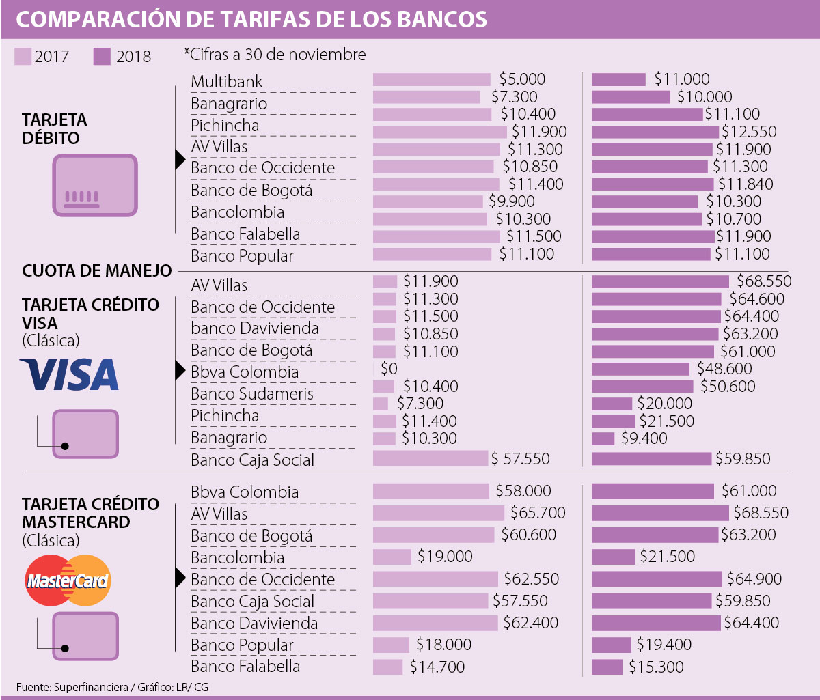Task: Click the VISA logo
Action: [69, 375]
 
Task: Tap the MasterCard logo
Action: [68, 581]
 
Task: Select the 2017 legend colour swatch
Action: [23, 56]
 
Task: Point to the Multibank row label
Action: [227, 82]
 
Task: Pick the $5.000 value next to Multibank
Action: [523, 79]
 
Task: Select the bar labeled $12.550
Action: [655, 132]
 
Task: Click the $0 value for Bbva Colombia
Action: [389, 369]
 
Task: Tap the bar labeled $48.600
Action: [640, 369]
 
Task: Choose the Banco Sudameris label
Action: [252, 394]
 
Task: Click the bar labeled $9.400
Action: [603, 438]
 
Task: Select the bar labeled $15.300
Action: [607, 667]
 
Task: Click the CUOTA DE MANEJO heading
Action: [97, 271]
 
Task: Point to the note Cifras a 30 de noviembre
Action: [275, 54]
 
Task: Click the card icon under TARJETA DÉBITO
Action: [96, 185]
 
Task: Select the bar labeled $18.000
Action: [391, 645]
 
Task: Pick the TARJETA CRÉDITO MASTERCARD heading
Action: [91, 513]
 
